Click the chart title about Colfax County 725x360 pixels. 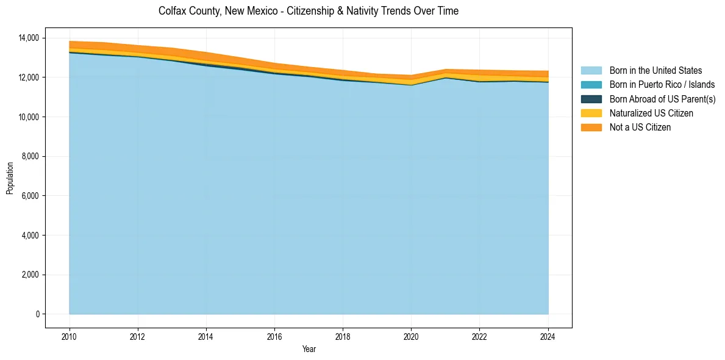click(308, 11)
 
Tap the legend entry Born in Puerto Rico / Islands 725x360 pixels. click(662, 85)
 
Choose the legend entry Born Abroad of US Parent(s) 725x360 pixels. click(662, 99)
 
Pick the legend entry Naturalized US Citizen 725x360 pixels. click(651, 113)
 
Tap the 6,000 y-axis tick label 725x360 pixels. click(29, 196)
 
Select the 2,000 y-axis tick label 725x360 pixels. click(29, 275)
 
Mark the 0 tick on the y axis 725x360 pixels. click(37, 314)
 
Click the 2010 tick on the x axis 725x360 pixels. click(70, 336)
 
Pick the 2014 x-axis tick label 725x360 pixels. click(206, 336)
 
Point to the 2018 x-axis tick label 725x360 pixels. click(343, 336)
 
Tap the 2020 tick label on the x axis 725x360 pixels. click(412, 336)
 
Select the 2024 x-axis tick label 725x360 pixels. click(548, 336)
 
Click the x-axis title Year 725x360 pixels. click(309, 349)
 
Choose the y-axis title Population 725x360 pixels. click(10, 178)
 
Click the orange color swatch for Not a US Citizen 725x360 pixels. click(591, 127)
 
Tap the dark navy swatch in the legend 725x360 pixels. click(591, 99)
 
